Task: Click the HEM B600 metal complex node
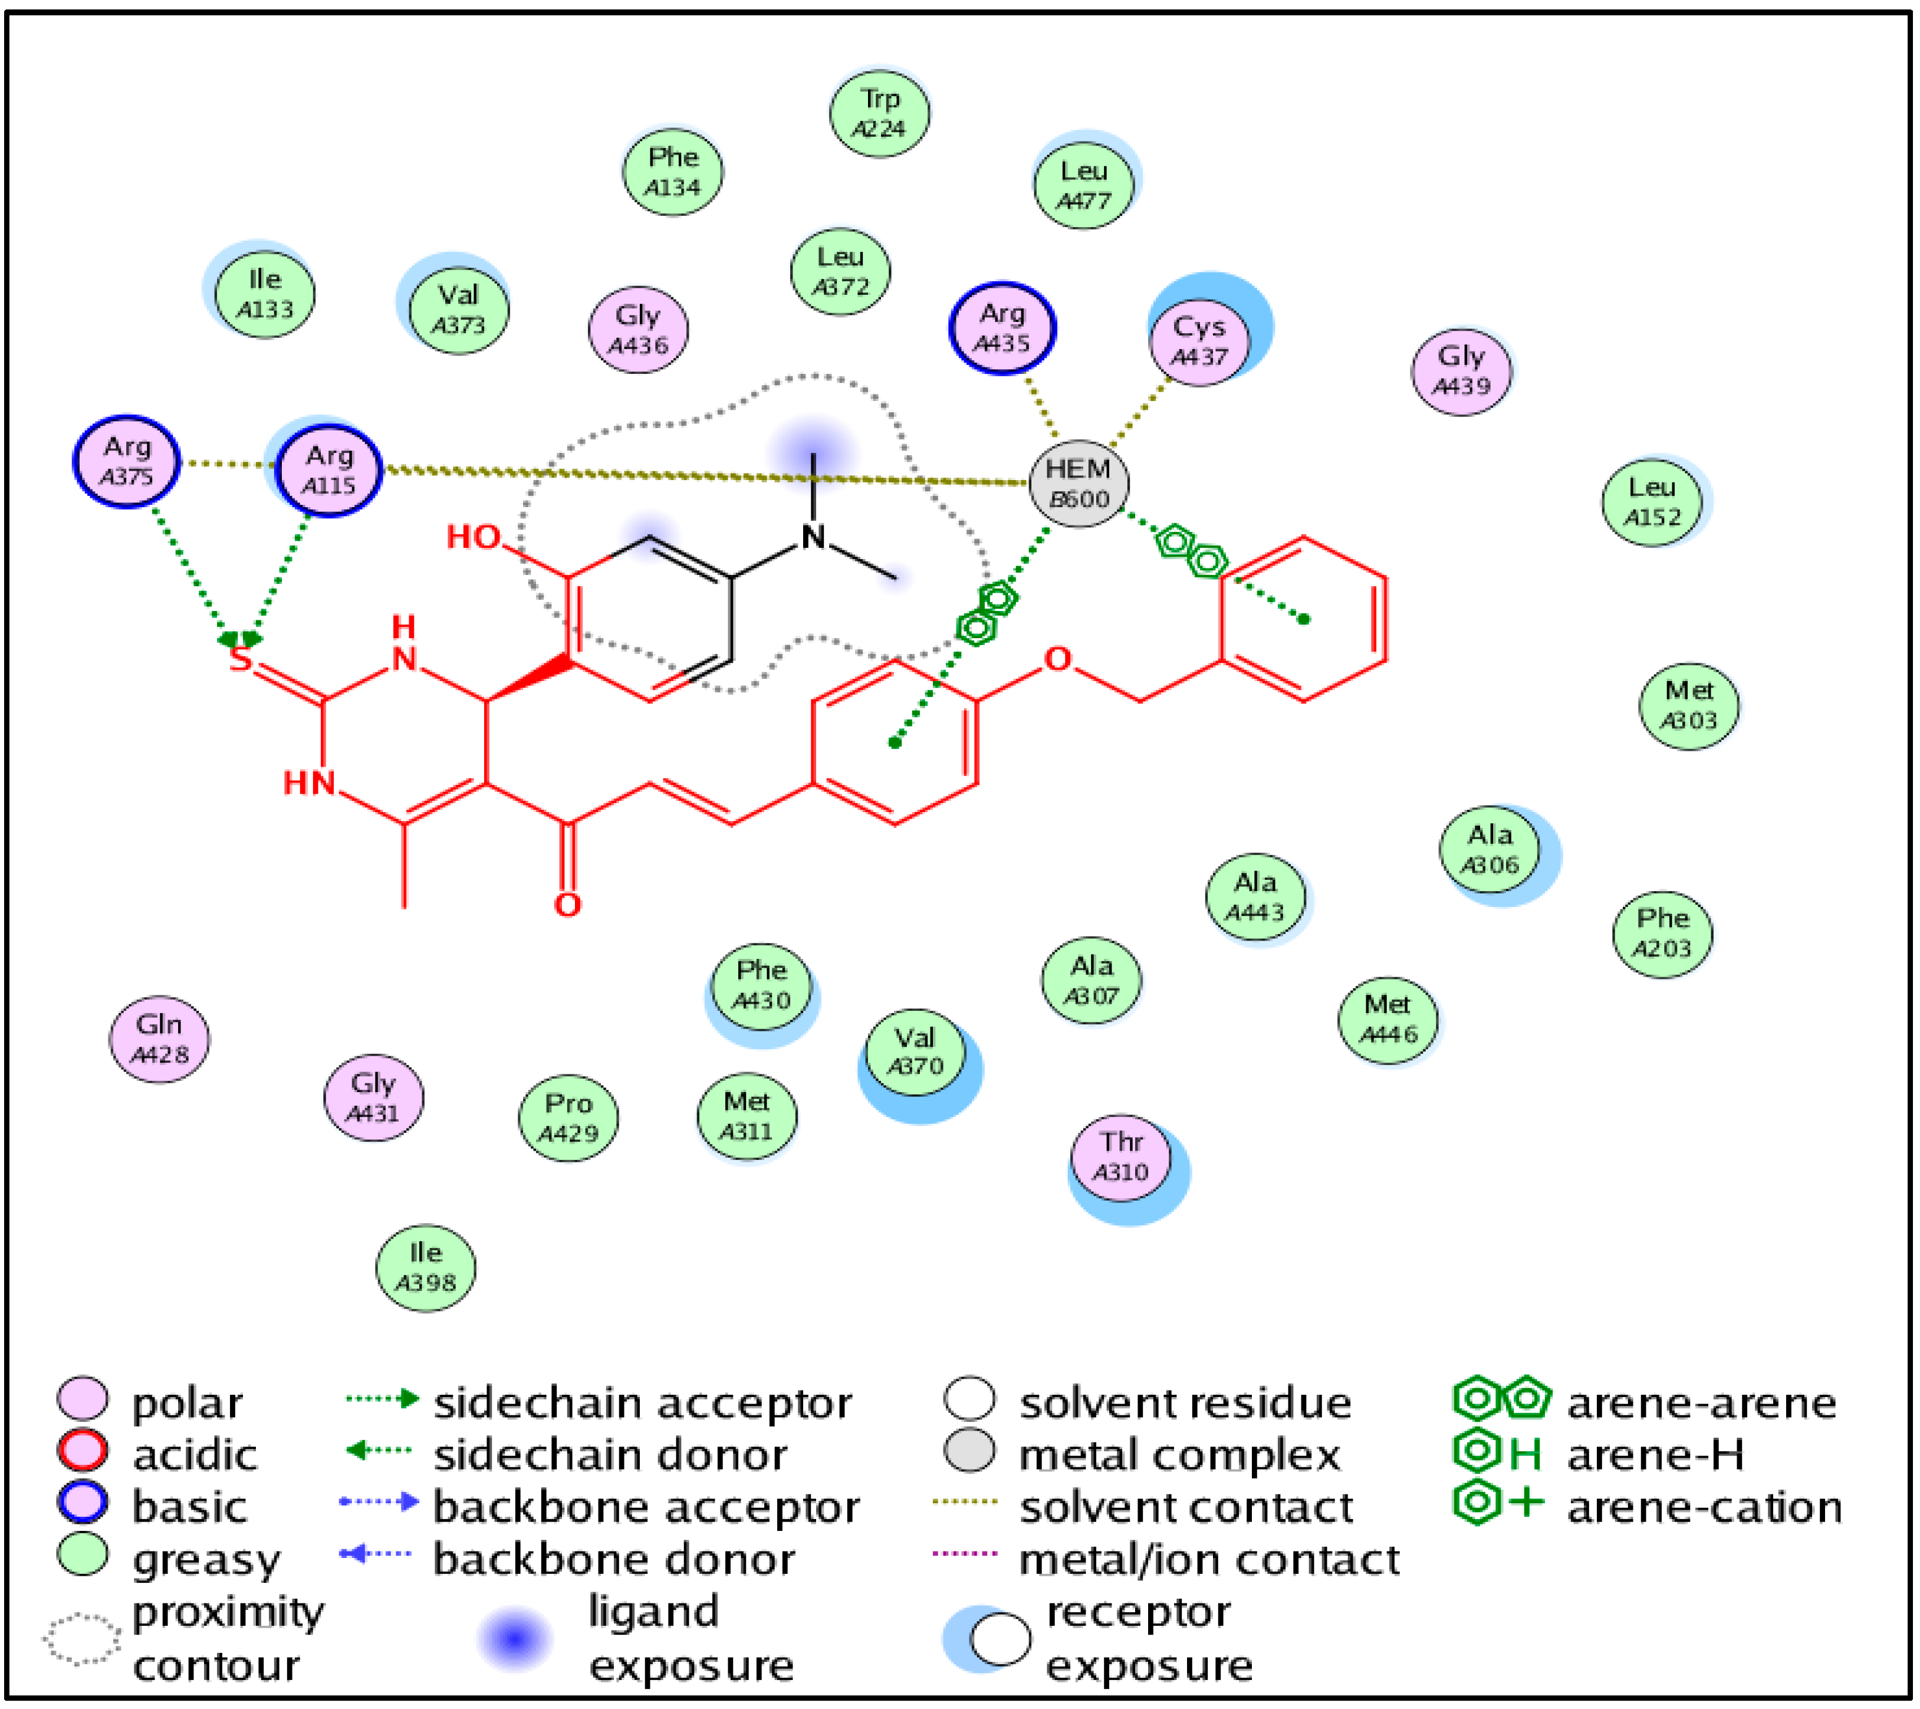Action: pos(1079,484)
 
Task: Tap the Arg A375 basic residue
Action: pos(127,461)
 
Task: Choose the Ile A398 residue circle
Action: pos(426,1268)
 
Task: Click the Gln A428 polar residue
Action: pos(160,1039)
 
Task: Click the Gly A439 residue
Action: pos(1462,371)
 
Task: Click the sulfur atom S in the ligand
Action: pos(241,659)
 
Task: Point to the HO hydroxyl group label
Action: pos(474,537)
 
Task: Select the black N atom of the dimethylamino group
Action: pos(813,537)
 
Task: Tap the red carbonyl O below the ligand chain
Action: pos(567,905)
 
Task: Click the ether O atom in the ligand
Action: pos(1058,659)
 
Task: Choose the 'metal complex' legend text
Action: pos(1180,1455)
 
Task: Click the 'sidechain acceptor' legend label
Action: pos(643,1403)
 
